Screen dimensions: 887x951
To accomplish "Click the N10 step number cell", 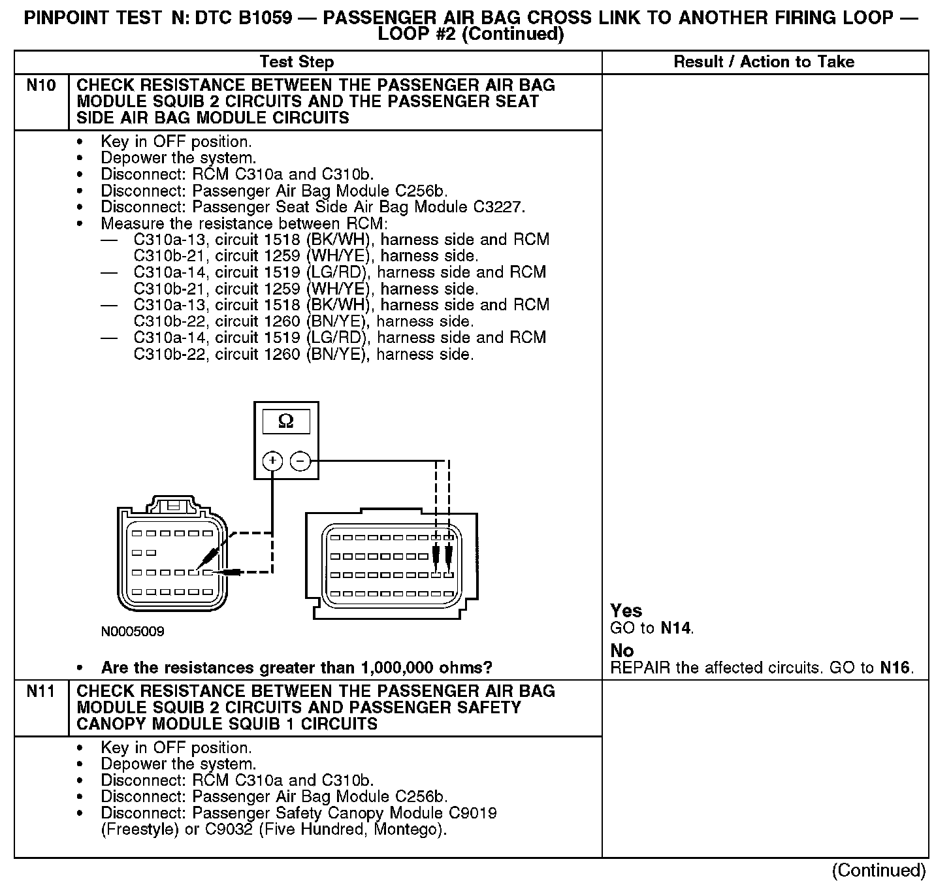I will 40,86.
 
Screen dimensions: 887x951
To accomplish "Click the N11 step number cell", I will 40,692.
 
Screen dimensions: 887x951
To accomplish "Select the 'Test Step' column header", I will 297,62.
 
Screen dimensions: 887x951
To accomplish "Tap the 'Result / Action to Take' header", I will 764,62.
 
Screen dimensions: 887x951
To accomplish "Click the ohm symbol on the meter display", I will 285,422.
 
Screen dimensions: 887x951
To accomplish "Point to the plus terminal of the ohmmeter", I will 272,461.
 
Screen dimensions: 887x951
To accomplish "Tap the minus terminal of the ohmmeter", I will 300,461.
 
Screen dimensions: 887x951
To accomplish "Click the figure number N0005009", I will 133,632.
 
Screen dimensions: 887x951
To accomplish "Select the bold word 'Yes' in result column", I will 626,611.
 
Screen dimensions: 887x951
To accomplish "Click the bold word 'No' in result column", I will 622,651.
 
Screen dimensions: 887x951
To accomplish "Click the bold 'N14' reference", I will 675,628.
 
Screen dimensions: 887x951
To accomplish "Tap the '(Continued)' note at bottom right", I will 878,870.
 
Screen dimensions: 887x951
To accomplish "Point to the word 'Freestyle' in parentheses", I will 135,830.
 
